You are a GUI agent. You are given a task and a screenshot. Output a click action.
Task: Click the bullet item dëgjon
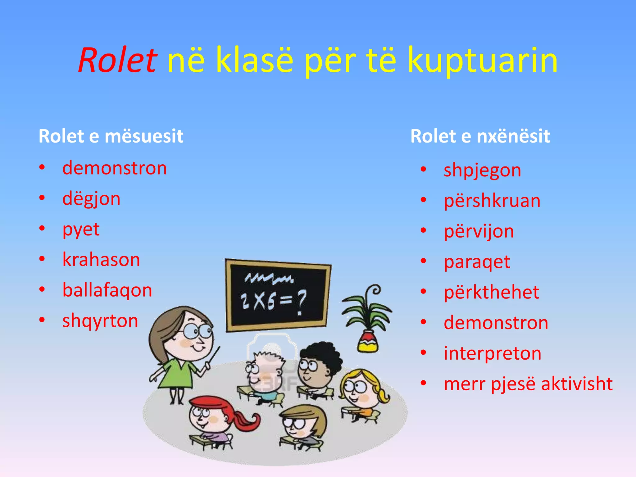(91, 199)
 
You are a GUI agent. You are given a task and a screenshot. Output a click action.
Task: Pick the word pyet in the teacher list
(81, 230)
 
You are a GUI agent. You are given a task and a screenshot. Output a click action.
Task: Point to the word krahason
(101, 260)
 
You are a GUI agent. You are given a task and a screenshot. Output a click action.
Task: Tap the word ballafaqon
(107, 290)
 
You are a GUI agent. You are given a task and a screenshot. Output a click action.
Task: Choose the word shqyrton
(100, 321)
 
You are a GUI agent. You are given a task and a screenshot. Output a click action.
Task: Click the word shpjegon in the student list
(482, 170)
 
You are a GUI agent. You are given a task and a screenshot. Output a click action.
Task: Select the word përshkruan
(492, 201)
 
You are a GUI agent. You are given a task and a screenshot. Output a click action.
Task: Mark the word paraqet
(477, 262)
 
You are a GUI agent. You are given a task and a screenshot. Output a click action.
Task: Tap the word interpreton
(492, 353)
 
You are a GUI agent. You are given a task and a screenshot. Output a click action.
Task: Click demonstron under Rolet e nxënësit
(496, 323)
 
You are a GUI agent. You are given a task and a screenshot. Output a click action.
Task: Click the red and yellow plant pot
(368, 342)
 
